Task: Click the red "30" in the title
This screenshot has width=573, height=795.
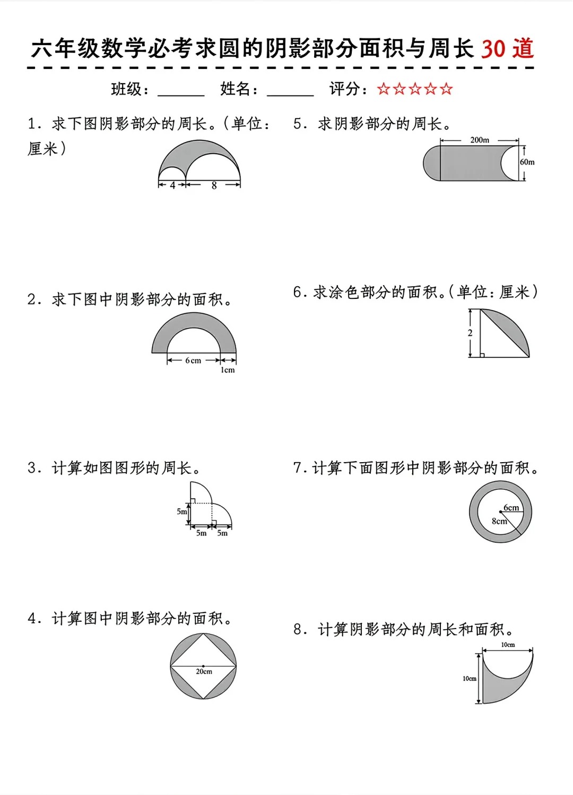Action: (493, 49)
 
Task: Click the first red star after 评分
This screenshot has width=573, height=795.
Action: (383, 89)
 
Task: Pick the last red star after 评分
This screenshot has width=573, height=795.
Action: (447, 89)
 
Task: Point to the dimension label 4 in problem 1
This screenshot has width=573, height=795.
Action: (172, 185)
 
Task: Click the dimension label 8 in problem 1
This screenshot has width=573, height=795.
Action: (214, 185)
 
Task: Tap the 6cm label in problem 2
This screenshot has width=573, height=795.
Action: (193, 360)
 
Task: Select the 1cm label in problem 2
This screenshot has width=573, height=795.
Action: (228, 370)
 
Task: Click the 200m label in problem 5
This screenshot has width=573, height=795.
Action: (480, 140)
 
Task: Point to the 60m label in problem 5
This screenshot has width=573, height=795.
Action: (527, 162)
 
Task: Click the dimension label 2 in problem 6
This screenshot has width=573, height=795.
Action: (470, 333)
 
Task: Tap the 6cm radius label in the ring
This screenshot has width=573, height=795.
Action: (511, 508)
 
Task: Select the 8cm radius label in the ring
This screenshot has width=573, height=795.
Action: (499, 521)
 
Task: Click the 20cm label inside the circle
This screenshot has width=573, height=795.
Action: (204, 672)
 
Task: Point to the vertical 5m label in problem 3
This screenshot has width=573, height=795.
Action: (181, 511)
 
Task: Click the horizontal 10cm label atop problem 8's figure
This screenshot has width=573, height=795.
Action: (508, 645)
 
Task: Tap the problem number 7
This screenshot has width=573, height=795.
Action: (298, 468)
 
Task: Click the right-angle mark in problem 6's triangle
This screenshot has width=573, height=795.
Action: (482, 355)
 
